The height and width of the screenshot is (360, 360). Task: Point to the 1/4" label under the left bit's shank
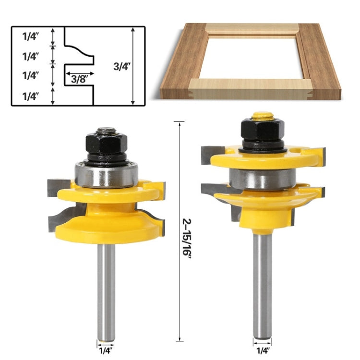[x=106, y=351]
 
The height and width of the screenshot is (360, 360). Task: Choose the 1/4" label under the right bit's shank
[x=262, y=351]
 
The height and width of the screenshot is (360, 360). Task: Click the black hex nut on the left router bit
[x=106, y=142]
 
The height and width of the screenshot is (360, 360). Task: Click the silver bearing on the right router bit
[x=262, y=179]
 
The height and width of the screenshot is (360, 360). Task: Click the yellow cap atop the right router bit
[x=263, y=116]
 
